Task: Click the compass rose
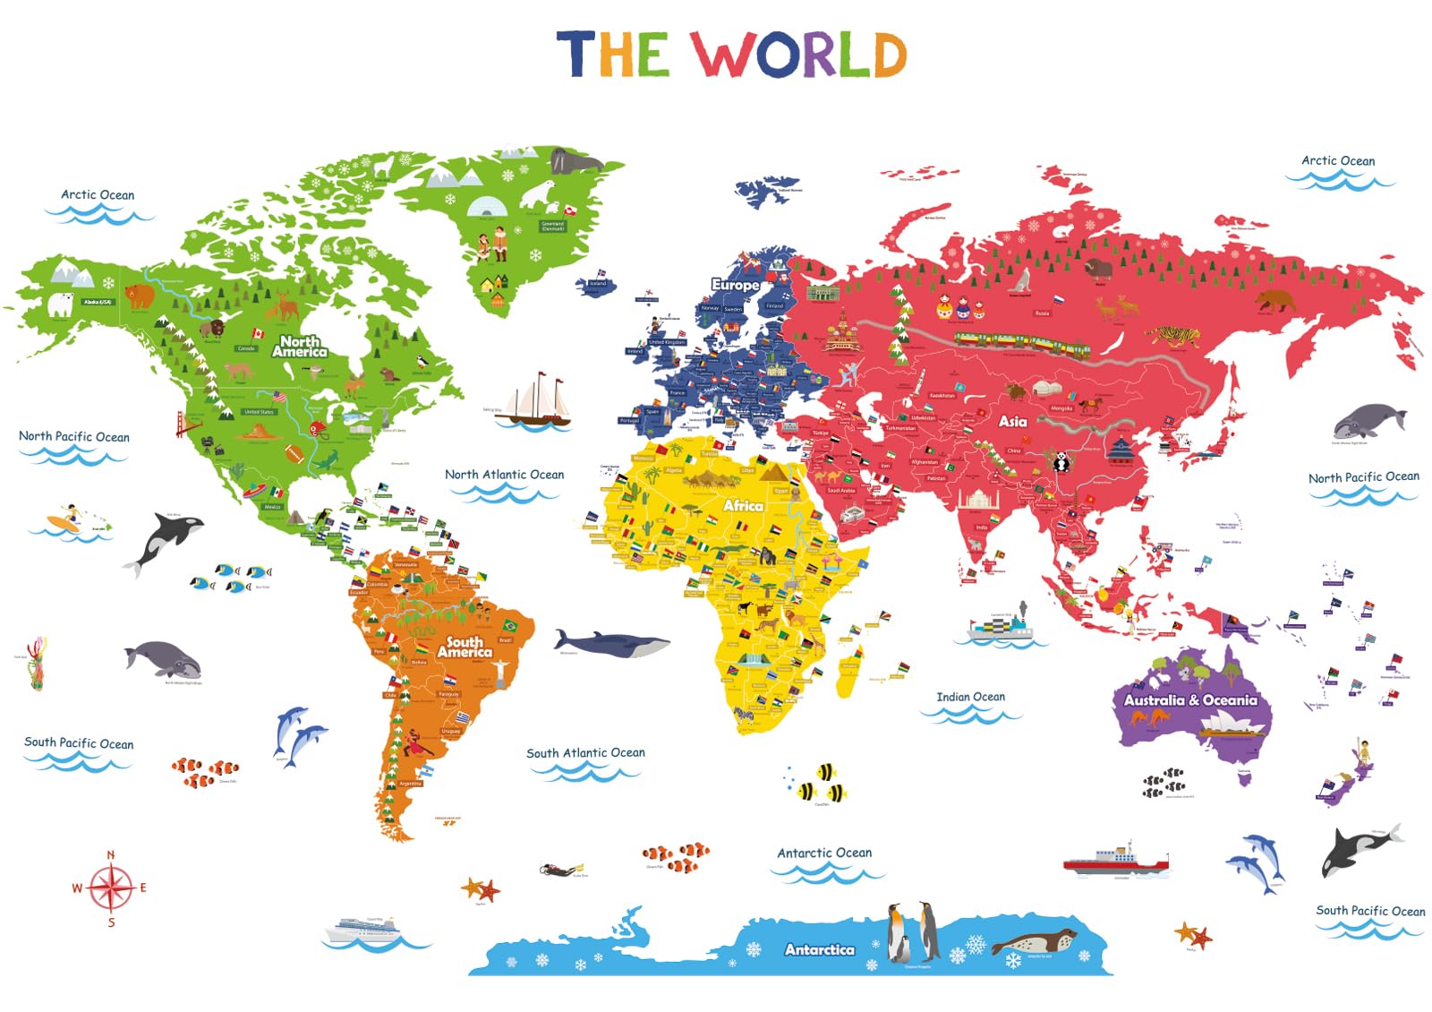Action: coord(111,888)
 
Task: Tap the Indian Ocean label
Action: coord(970,697)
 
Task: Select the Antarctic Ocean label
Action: coord(824,853)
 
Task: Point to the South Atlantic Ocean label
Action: coord(585,753)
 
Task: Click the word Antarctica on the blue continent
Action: coord(819,949)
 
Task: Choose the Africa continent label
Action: coord(743,506)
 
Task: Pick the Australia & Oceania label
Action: coord(1190,700)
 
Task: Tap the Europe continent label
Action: coord(735,285)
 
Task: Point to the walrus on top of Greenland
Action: coord(573,162)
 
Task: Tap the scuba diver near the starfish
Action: coord(562,869)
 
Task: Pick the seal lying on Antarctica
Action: coord(1034,941)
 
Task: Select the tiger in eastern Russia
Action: coord(1172,337)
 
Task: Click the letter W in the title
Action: coord(724,55)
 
